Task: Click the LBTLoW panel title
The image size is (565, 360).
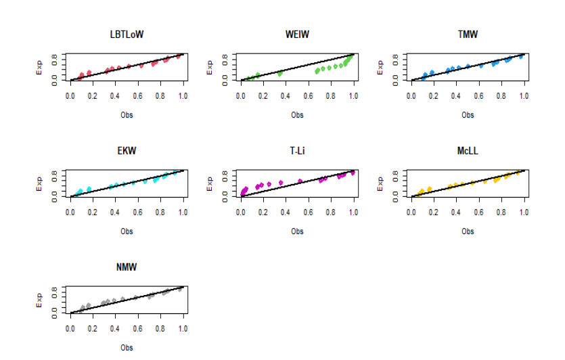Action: (x=127, y=35)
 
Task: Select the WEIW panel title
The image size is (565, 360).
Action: (x=297, y=35)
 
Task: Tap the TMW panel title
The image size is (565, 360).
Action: (x=468, y=35)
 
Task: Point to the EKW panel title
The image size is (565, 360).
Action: (x=127, y=151)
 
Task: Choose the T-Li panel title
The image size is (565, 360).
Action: (x=297, y=151)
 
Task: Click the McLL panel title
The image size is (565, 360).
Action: (x=468, y=151)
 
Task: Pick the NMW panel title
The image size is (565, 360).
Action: (x=127, y=267)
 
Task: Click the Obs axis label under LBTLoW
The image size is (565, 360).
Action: (x=127, y=115)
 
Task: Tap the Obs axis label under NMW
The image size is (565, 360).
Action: (x=127, y=348)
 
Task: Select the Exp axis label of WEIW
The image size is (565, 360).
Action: (x=210, y=67)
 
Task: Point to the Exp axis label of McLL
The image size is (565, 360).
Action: (x=381, y=183)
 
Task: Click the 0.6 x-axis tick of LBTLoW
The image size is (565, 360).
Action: (x=138, y=97)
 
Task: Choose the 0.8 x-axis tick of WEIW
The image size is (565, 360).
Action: (x=331, y=97)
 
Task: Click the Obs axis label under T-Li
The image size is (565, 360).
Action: (x=297, y=231)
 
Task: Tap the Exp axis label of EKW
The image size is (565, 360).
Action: (x=40, y=183)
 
